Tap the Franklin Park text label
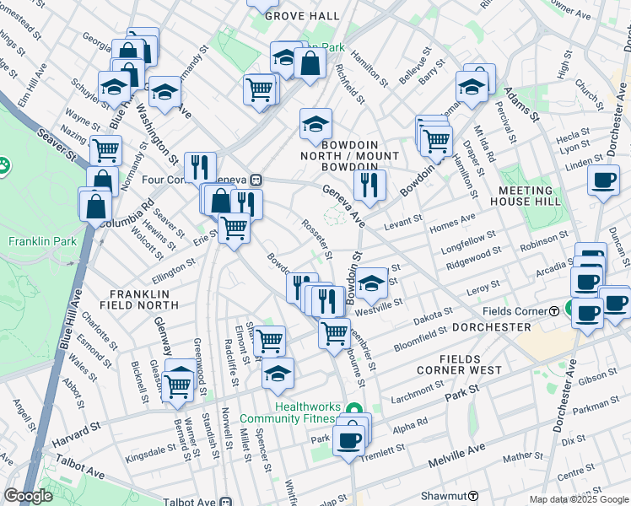tap(41, 241)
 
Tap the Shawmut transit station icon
tap(474, 497)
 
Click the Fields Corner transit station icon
tap(553, 311)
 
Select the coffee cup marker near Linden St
tap(602, 181)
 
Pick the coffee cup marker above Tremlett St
tap(348, 439)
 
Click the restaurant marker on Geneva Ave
tap(369, 184)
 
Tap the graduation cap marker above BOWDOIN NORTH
tap(315, 125)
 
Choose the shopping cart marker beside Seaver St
tap(105, 150)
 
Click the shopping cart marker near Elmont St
tap(269, 341)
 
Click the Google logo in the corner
tap(29, 496)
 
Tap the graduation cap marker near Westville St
tap(370, 284)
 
